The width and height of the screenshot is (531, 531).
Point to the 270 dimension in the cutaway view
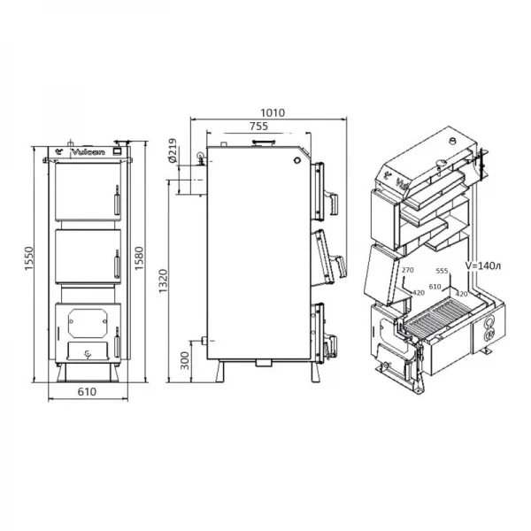pos(407,270)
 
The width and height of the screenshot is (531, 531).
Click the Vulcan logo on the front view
pos(85,152)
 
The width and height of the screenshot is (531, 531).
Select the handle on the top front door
pos(114,199)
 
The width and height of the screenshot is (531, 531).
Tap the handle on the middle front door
pos(114,263)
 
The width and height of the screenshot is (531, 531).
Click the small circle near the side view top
pos(296,160)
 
